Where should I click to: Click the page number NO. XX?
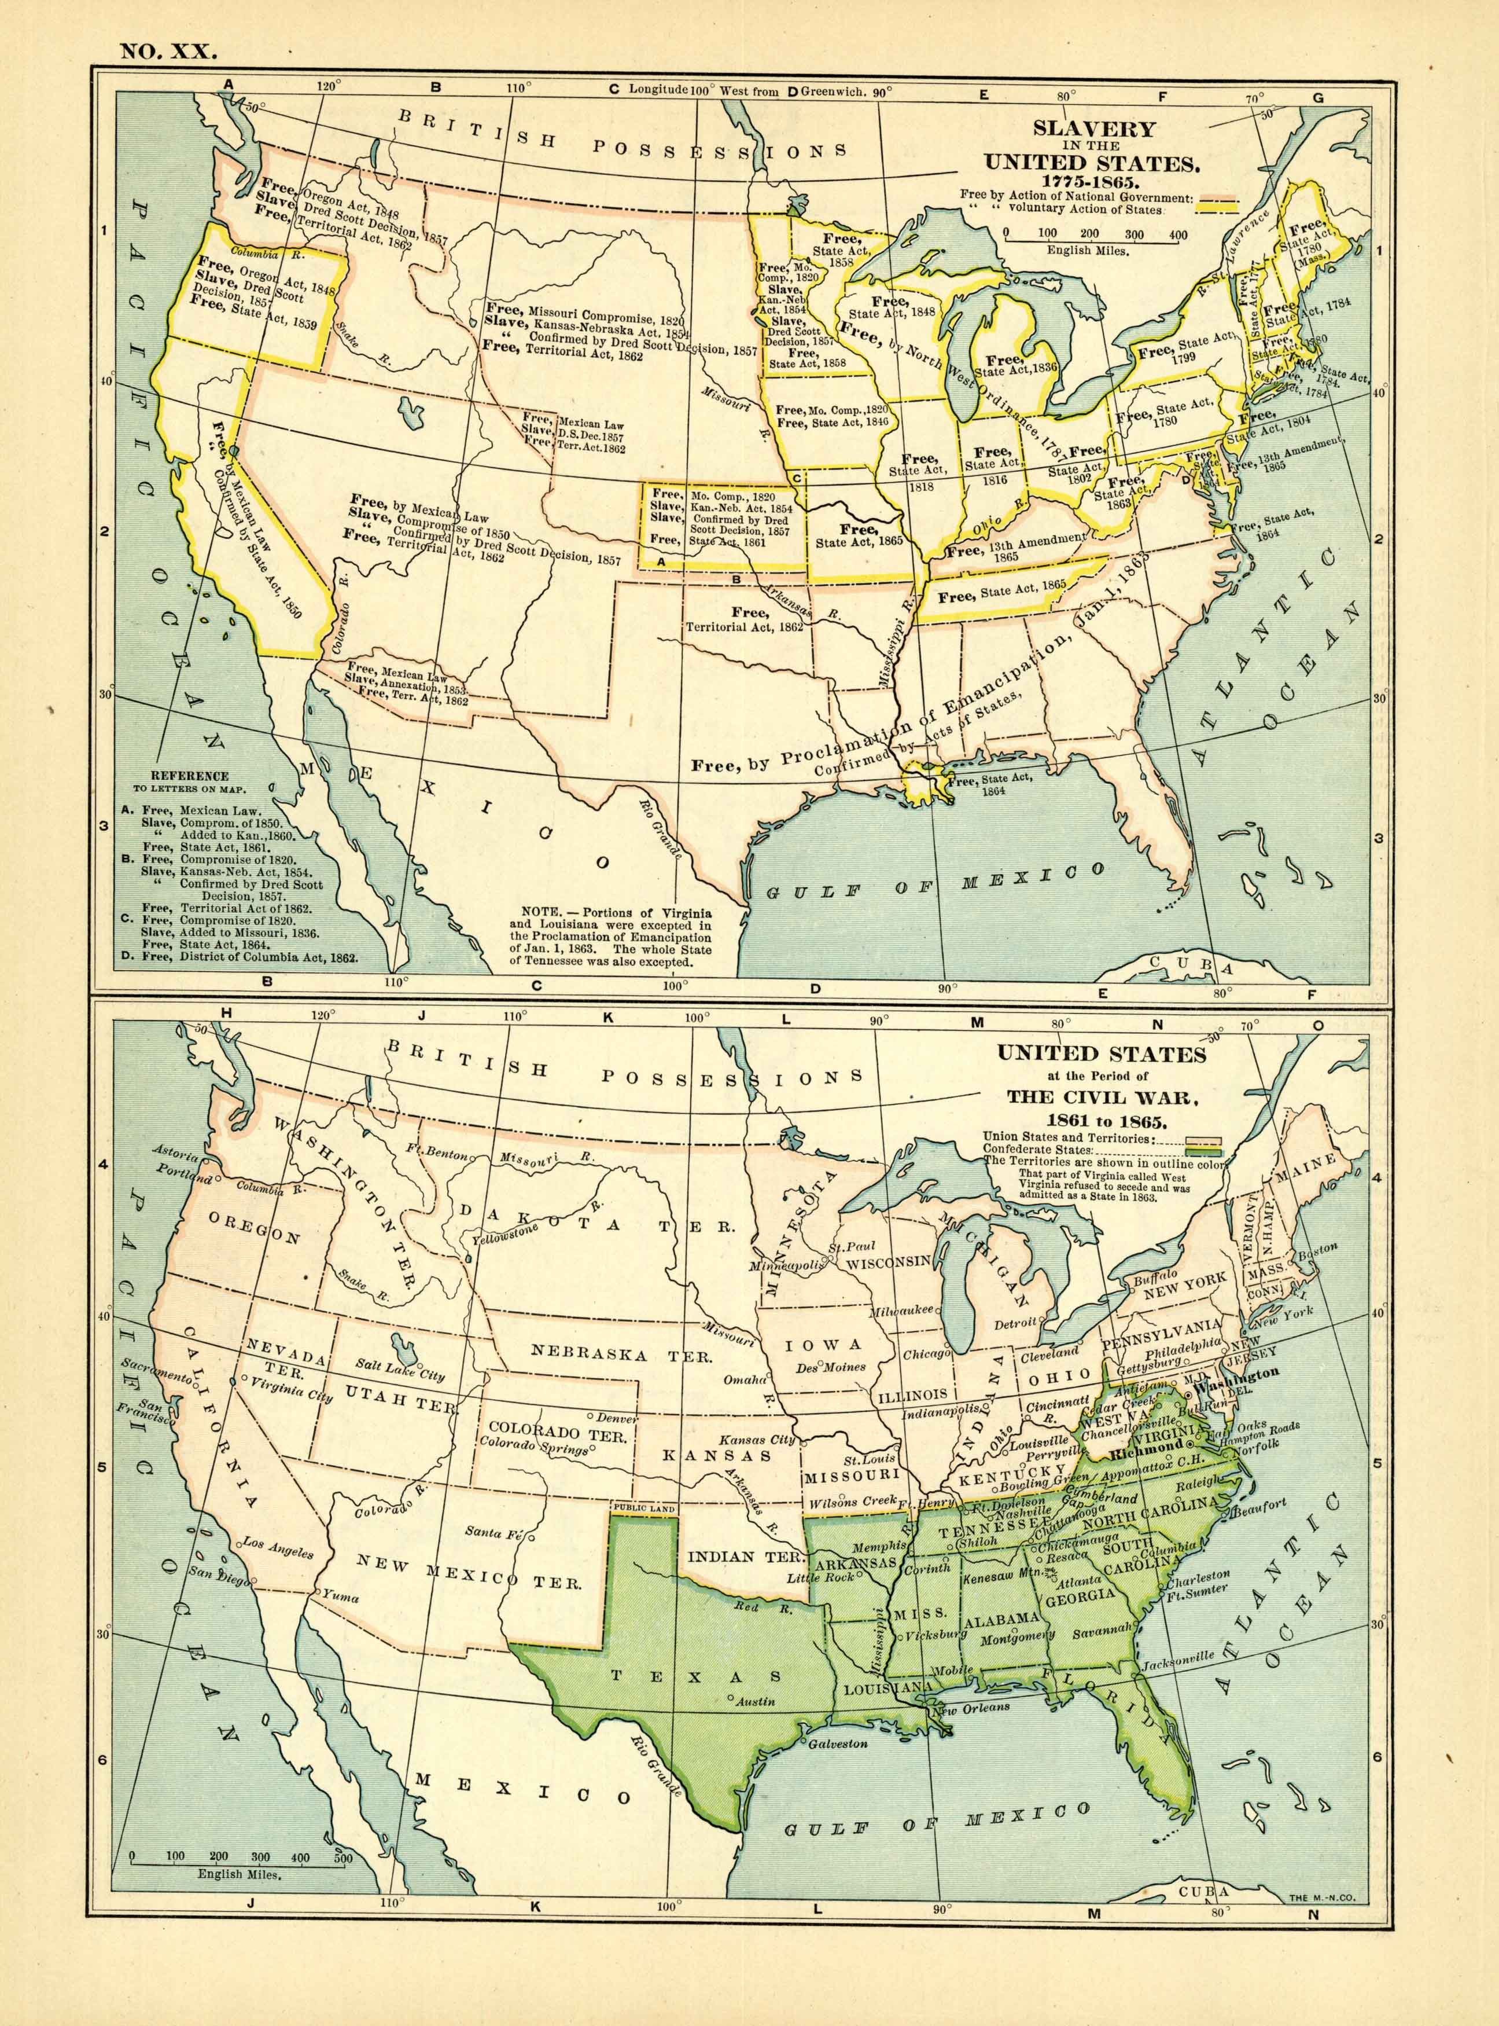168,51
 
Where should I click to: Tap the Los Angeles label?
278,1548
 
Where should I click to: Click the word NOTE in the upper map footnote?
541,911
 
